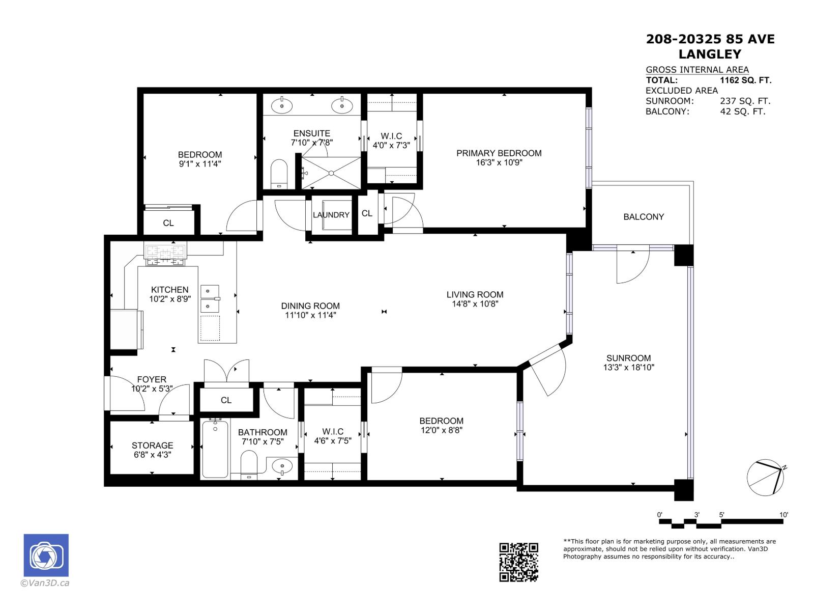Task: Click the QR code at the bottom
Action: [x=518, y=562]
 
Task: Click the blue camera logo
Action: [x=46, y=555]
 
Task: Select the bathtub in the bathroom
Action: [x=215, y=449]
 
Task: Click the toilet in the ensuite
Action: [x=279, y=173]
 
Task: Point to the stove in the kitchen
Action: [x=165, y=254]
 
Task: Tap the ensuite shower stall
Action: [x=331, y=173]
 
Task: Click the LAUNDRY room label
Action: [x=331, y=215]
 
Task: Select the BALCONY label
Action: [x=644, y=217]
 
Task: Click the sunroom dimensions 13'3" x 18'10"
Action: [x=628, y=367]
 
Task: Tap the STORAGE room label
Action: [x=152, y=446]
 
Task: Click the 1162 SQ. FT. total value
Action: [x=745, y=80]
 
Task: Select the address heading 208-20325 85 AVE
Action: [x=710, y=39]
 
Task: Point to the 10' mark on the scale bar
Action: [x=783, y=515]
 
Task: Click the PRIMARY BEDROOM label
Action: [x=499, y=153]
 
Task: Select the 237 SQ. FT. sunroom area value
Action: [x=745, y=101]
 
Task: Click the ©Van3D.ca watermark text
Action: [x=45, y=584]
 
